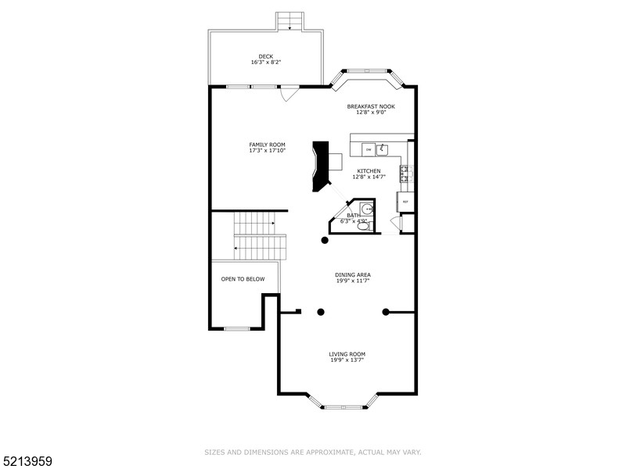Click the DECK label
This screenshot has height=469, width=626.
(266, 56)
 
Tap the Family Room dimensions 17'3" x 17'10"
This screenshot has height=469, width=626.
(267, 151)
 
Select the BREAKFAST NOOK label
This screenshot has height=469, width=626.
(371, 106)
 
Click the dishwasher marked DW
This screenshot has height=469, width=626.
(368, 149)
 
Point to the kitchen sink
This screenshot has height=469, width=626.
(384, 148)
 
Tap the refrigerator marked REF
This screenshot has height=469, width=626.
(405, 202)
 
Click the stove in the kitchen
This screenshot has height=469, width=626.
(405, 174)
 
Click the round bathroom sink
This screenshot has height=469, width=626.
(368, 209)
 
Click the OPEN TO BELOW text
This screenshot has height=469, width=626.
(243, 279)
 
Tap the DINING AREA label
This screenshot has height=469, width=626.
(352, 274)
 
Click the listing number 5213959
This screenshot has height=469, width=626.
(27, 460)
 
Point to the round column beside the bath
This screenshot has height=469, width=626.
(326, 241)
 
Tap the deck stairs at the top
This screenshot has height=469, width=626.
(290, 20)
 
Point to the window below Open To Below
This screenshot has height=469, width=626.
(236, 328)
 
